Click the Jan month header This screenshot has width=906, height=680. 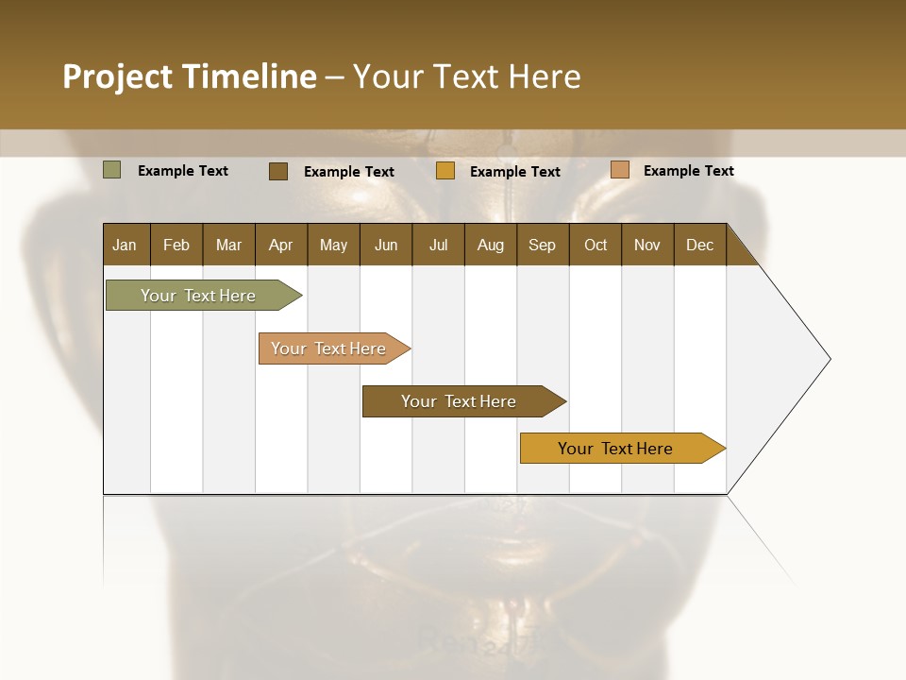[x=125, y=245]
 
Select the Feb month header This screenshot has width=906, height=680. [x=176, y=245]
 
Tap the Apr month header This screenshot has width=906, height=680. [x=280, y=245]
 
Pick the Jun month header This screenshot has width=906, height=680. [x=386, y=245]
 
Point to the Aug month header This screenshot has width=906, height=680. [x=490, y=245]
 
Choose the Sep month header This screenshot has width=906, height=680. [x=542, y=245]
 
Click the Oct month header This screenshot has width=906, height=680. [x=596, y=245]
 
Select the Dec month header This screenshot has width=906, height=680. [x=699, y=245]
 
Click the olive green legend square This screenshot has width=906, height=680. [x=111, y=170]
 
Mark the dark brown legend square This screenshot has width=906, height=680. [x=277, y=171]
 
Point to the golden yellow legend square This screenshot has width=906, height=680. [x=445, y=171]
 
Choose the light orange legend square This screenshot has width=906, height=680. [x=619, y=170]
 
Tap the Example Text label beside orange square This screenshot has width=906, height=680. [x=688, y=170]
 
